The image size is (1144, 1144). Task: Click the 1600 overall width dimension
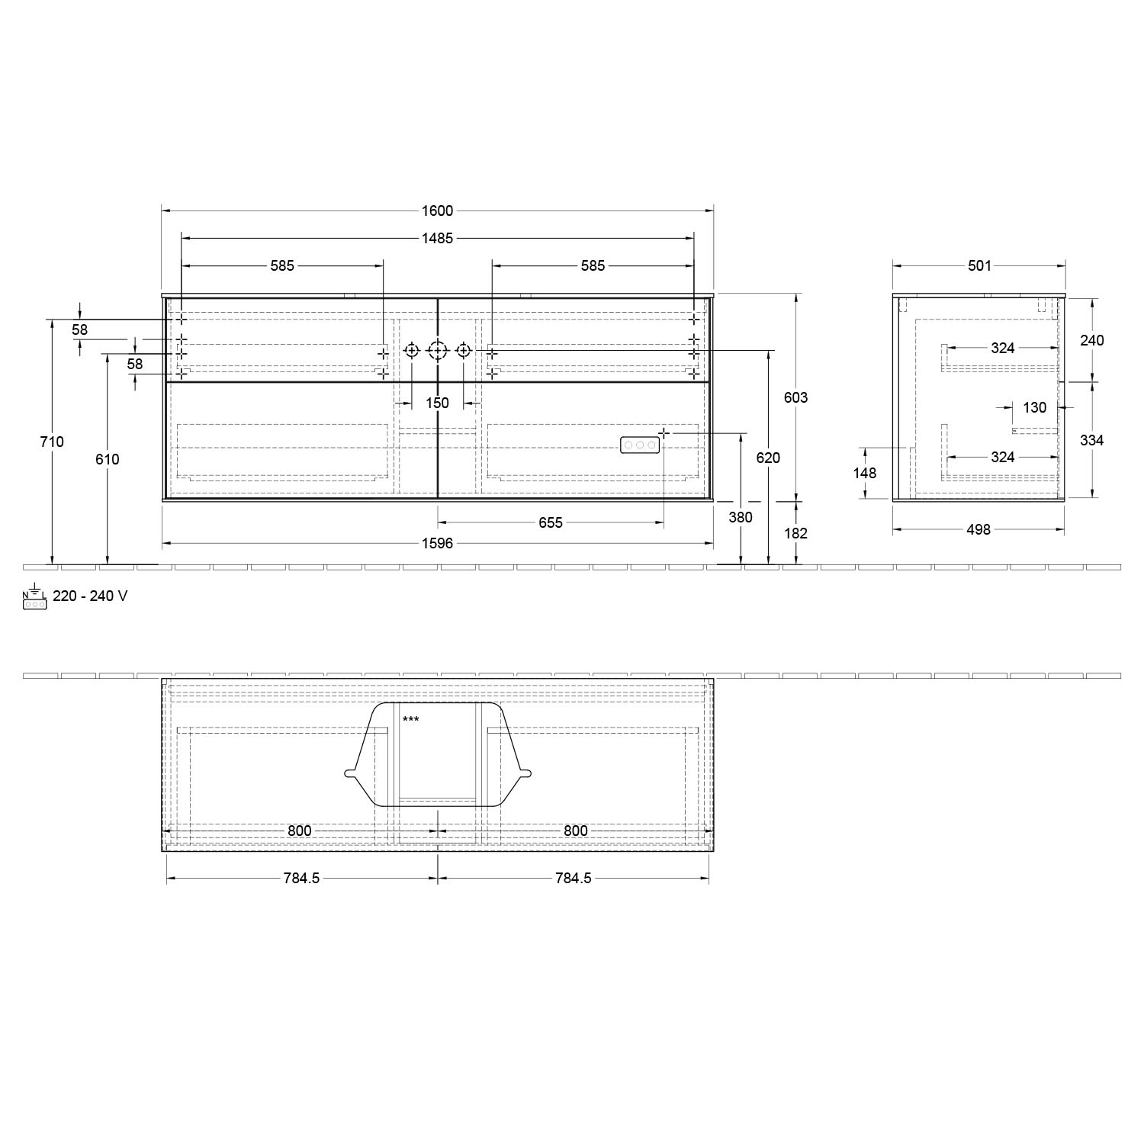(437, 211)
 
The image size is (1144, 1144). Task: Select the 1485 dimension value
(437, 239)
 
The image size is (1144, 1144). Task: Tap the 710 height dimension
(52, 442)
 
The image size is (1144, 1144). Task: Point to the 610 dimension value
(108, 459)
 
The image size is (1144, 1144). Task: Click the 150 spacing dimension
(437, 403)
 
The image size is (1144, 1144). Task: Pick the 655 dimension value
(550, 522)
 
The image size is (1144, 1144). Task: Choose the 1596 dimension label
(437, 543)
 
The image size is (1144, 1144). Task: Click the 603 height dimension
(795, 397)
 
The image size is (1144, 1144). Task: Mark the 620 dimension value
(768, 458)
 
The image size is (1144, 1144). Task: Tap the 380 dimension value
(741, 517)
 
